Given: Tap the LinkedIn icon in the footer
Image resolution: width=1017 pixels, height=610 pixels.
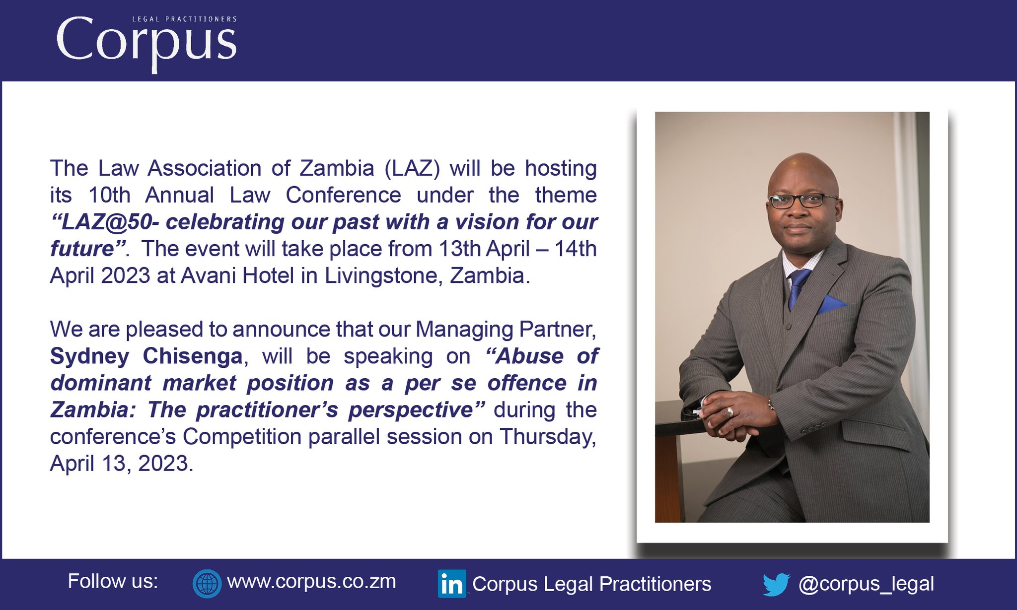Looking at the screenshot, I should pos(451,584).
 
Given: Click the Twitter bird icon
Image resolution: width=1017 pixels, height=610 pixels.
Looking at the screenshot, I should pos(776,584).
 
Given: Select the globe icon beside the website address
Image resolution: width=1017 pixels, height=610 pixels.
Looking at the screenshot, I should pos(207,584).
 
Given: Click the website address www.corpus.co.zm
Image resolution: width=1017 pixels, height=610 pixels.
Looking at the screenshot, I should pos(311,582).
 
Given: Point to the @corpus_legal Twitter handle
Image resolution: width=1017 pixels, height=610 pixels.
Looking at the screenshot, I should pos(866,584).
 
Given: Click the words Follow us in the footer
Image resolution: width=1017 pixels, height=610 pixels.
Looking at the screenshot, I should pos(113,581).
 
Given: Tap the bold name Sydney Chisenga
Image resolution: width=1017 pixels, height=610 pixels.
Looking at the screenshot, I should pos(146,356).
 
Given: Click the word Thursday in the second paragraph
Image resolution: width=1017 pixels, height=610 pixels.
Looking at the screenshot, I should pos(547,437).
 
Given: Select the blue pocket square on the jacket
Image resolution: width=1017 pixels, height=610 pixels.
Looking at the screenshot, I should pos(831,304).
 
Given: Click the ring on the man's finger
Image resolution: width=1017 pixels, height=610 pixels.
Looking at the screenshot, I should pos(729,411).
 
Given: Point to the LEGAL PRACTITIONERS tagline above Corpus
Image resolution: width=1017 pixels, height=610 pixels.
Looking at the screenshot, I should pos(184,19).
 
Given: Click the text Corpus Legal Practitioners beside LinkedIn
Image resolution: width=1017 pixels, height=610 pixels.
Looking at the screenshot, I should pos(591,584).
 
